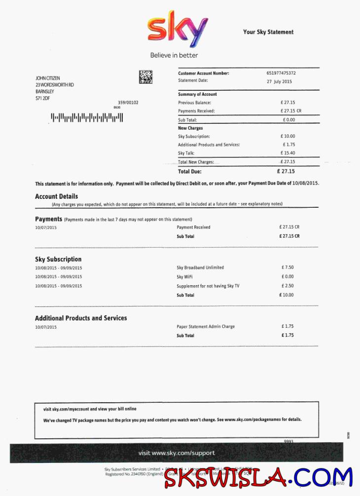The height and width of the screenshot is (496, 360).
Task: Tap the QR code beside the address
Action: click(x=145, y=77)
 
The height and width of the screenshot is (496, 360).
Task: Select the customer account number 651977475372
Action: click(x=281, y=73)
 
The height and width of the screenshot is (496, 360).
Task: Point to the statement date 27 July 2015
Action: click(x=280, y=81)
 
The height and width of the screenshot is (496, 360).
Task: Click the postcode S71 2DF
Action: click(x=42, y=98)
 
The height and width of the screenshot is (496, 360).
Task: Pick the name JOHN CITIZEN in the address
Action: click(x=48, y=78)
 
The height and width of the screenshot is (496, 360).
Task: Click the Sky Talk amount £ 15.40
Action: click(x=288, y=153)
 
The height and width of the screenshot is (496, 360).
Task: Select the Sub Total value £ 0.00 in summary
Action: click(x=288, y=119)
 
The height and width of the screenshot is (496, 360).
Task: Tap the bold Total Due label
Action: click(x=190, y=172)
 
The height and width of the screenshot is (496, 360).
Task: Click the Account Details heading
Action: click(x=56, y=196)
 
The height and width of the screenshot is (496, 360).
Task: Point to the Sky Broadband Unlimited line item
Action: click(x=200, y=267)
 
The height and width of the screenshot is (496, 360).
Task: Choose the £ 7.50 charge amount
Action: click(x=288, y=267)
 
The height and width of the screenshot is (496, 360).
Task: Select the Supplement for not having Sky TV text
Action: click(x=208, y=286)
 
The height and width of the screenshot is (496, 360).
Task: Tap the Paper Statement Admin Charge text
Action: click(x=206, y=327)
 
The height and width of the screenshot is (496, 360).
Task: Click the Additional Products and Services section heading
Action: click(x=81, y=318)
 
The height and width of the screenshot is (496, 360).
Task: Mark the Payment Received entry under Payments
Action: click(x=193, y=228)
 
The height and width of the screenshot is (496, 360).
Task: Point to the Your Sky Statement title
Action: click(x=268, y=32)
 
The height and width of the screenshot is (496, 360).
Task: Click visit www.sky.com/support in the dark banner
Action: click(x=177, y=453)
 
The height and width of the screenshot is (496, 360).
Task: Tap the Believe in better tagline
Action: click(x=174, y=55)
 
